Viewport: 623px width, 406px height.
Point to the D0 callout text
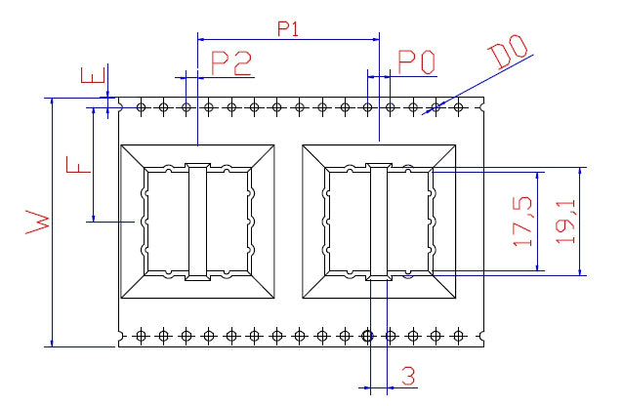click(509, 50)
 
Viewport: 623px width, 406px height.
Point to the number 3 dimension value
click(408, 375)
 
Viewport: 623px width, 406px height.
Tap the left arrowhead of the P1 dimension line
click(203, 39)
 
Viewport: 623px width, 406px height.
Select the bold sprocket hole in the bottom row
click(367, 336)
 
